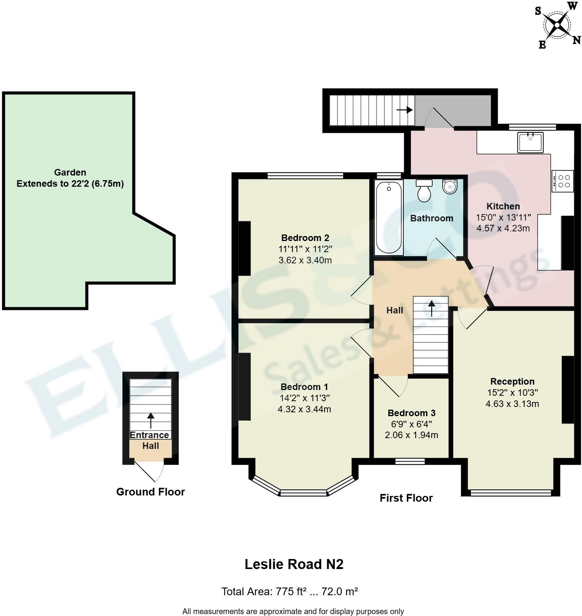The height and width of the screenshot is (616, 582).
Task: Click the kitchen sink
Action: click(530, 142)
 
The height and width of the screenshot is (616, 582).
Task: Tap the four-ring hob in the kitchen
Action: click(562, 181)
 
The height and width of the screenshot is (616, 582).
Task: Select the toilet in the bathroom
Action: click(424, 191)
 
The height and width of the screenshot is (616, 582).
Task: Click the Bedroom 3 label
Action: click(411, 413)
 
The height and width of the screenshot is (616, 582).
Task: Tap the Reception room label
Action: click(512, 382)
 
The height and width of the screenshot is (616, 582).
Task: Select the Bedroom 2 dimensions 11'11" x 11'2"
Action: click(305, 249)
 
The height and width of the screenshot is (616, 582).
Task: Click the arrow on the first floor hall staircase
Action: click(431, 308)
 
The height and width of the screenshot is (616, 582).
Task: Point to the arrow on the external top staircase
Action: click(405, 110)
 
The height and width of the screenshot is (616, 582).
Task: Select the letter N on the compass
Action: click(576, 40)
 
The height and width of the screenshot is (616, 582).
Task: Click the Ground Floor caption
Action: click(151, 492)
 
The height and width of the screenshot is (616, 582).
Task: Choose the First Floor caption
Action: click(406, 498)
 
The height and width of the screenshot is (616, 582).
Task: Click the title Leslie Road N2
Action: click(294, 564)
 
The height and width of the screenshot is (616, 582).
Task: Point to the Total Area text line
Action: click(289, 591)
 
